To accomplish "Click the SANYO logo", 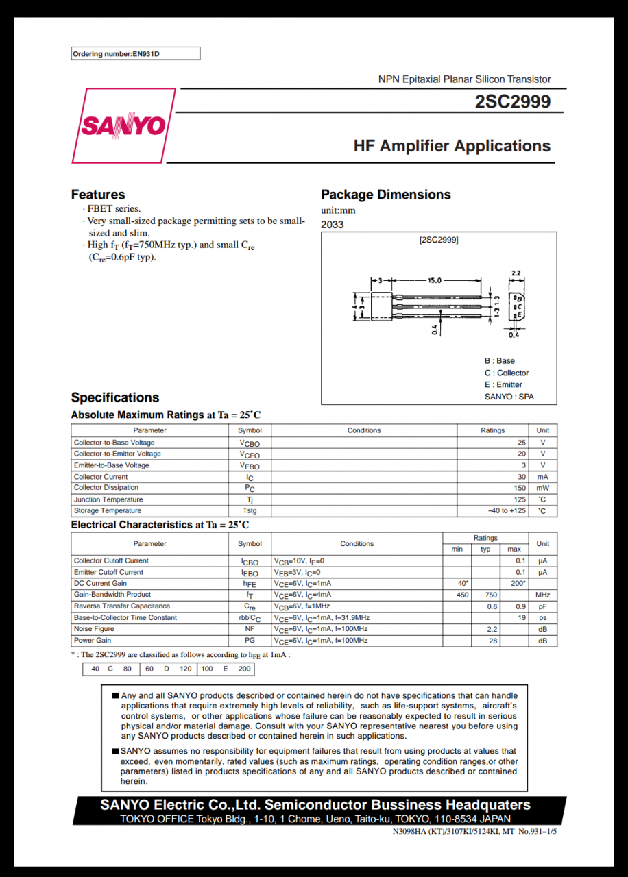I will (x=123, y=126).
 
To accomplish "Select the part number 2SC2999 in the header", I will (x=513, y=101).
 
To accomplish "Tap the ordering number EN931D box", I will (x=136, y=53).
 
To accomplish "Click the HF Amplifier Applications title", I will (x=452, y=146).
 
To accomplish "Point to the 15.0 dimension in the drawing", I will (x=435, y=280).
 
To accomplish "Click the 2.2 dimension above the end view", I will (x=516, y=273).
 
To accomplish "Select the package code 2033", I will (x=333, y=225).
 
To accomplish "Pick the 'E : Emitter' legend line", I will (x=503, y=384).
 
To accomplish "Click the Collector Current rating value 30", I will (x=522, y=477).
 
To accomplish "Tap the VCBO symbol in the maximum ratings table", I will (x=250, y=443).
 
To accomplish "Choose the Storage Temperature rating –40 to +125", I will (x=507, y=511).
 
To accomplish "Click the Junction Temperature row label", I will (x=108, y=499).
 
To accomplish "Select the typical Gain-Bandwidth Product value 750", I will (x=491, y=595).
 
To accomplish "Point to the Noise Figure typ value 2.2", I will (x=492, y=629).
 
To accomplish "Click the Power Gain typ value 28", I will (x=493, y=641).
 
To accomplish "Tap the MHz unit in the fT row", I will (x=543, y=595).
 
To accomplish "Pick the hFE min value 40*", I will (x=463, y=583).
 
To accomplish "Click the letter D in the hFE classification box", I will (x=167, y=669).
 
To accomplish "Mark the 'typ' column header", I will (x=485, y=549).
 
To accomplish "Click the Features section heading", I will (x=98, y=195).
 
